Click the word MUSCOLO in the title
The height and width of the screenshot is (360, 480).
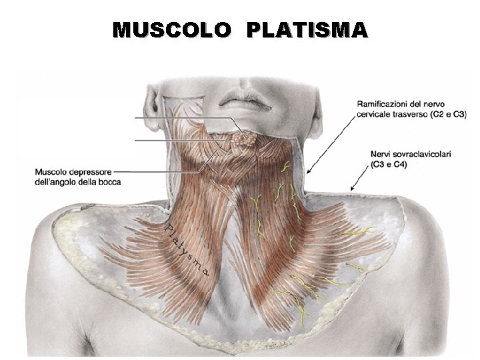click(172, 30)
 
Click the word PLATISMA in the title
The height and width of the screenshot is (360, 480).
click(307, 30)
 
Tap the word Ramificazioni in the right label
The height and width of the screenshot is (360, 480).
click(384, 104)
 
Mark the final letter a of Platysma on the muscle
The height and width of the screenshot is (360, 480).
click(208, 272)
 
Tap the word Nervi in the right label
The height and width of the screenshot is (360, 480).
click(381, 154)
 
